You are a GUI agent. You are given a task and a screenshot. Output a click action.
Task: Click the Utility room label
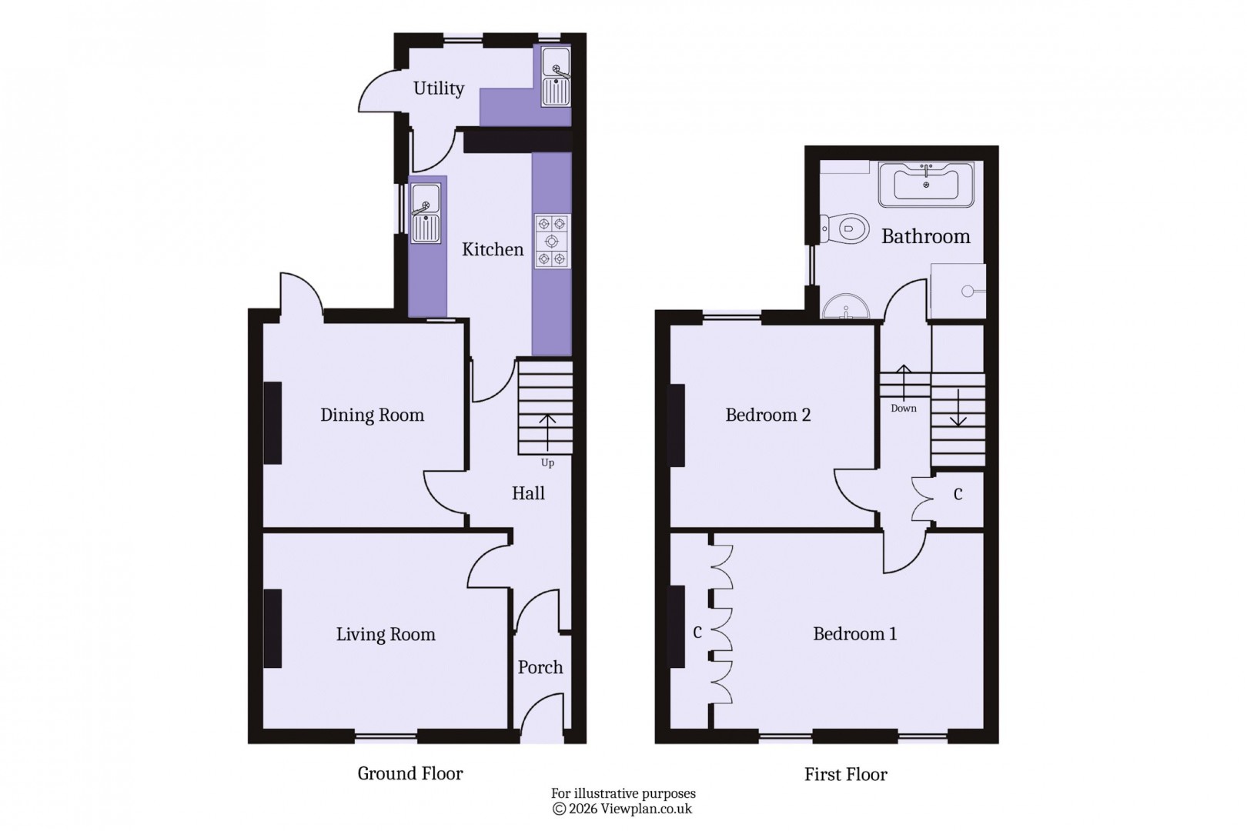(x=438, y=88)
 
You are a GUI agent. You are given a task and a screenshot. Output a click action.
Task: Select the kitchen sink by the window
(x=425, y=213)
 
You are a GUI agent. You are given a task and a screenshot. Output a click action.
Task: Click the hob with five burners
(x=553, y=241)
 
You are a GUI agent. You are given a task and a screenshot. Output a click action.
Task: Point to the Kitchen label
(x=493, y=249)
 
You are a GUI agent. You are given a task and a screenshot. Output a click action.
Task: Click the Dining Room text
(x=372, y=415)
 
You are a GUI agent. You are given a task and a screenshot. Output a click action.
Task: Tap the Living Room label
(x=385, y=635)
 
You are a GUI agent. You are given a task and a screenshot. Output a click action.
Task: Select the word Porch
(x=540, y=667)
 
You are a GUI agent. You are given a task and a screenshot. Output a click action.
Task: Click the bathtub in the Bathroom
(x=927, y=184)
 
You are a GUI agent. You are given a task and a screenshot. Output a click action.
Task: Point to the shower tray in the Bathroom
(x=958, y=292)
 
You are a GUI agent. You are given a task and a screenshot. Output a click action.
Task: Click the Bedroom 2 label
(x=767, y=415)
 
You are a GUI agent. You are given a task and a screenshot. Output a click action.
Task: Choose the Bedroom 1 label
(x=854, y=634)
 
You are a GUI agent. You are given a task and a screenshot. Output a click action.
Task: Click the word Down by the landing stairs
(x=903, y=409)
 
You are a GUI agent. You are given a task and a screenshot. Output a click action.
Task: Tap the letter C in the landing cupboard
(x=958, y=495)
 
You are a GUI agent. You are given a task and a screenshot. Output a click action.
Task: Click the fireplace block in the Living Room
(x=272, y=629)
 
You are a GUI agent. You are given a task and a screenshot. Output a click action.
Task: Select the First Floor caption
(x=845, y=775)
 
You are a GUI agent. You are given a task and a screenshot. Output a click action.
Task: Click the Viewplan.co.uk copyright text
(x=623, y=809)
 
